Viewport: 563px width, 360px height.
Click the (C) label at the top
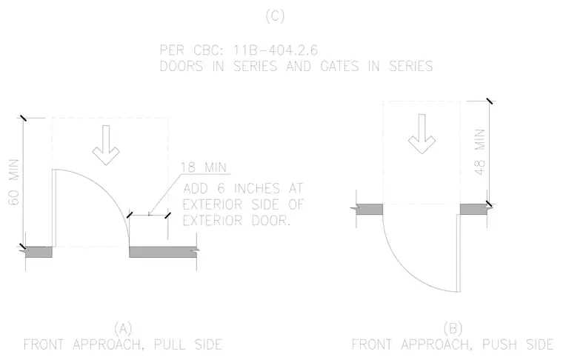pos(275,16)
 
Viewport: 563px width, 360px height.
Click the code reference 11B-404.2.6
pos(276,50)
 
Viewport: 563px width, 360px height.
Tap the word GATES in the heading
pos(339,67)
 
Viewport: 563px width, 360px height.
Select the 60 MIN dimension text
pos(14,182)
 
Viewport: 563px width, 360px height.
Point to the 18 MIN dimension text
pos(204,167)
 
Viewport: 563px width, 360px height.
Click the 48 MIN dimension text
pos(480,152)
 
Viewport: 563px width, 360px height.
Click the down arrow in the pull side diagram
pos(106,145)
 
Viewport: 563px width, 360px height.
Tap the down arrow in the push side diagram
pos(422,134)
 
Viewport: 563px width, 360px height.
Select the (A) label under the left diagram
pos(123,328)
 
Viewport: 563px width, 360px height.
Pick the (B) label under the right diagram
pos(453,328)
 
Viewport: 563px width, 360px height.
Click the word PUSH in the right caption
pos(499,344)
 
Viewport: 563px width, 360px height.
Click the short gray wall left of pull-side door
pos(39,252)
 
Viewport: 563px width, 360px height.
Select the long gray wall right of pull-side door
pos(163,252)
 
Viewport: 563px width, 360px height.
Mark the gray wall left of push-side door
pos(370,209)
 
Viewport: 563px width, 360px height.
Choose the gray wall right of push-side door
pos(473,209)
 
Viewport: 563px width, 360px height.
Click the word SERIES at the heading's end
pos(411,67)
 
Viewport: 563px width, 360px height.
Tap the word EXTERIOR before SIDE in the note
pos(213,204)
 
